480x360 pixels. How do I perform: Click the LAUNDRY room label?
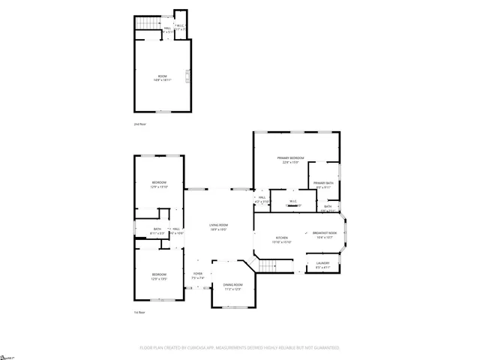(322, 264)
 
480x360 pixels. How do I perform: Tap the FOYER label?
(198, 274)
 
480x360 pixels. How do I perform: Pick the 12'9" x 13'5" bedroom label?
(159, 275)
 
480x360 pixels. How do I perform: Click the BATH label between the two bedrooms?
(157, 230)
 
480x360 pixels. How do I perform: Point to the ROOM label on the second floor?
(162, 77)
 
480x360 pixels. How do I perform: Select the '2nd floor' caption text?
(139, 123)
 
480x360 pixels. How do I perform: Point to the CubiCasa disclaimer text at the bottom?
(239, 348)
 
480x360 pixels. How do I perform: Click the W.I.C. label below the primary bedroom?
(294, 202)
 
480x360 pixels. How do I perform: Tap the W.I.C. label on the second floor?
(180, 26)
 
